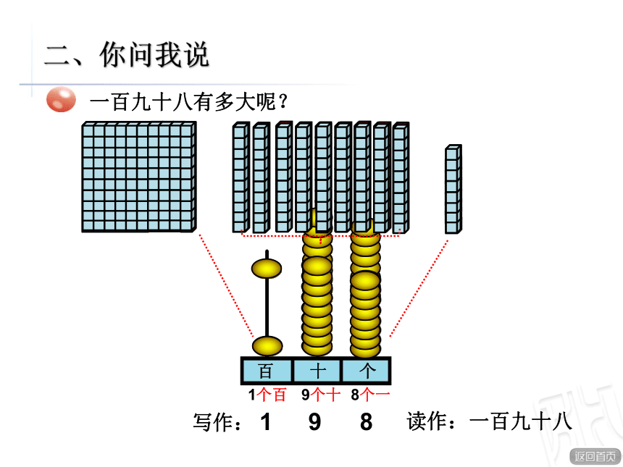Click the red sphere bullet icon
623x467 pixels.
61,99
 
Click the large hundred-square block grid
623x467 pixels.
139,177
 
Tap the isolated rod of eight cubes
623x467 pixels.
453,189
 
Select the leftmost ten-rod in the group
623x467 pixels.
241,177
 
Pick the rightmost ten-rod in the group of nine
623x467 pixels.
401,178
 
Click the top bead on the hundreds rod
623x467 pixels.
267,269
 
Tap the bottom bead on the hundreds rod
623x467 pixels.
267,345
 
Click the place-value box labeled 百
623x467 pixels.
267,371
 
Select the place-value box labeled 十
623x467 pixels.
317,371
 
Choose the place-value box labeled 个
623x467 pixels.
366,371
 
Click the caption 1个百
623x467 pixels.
267,395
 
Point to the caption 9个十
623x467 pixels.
321,395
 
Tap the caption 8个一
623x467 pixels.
370,395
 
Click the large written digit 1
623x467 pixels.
266,421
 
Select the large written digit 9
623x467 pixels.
314,421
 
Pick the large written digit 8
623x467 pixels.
367,421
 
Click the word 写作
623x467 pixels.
212,421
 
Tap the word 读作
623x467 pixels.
426,421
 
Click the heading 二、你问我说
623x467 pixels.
127,55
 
